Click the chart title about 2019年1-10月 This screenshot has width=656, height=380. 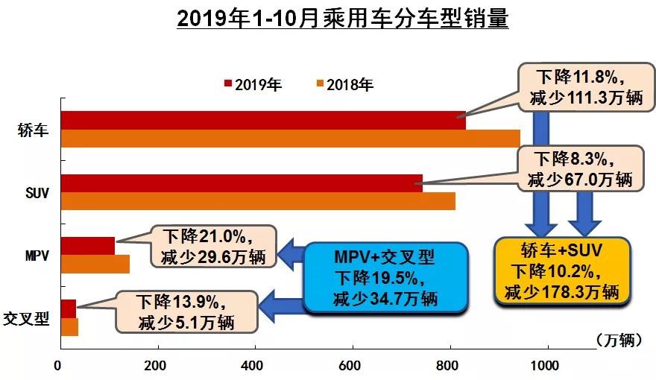[342, 19]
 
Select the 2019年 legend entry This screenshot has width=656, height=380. [253, 84]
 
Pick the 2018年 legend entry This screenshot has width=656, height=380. [345, 84]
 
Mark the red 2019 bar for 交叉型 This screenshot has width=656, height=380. [69, 308]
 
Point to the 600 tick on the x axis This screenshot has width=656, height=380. [449, 367]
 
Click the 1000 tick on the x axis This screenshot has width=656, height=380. [547, 367]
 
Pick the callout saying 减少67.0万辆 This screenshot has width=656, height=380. [578, 169]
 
